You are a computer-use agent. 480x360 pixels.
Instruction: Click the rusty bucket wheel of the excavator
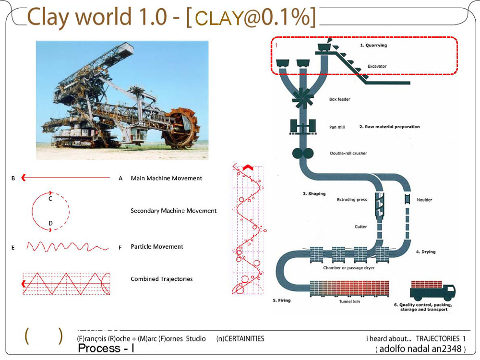coord(181,128)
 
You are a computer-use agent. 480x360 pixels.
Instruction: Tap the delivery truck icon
coord(432,290)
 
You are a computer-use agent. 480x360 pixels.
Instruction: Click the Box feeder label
coord(339,99)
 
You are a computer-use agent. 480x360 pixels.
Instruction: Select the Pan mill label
coord(337,127)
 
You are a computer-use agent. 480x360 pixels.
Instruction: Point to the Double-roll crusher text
coord(348,153)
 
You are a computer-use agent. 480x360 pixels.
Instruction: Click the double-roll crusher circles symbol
coord(303,153)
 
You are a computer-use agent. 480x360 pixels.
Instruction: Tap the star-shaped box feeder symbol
coord(303,98)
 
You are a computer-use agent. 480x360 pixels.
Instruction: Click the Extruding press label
coord(352,200)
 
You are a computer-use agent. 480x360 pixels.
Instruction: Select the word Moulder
coord(424,200)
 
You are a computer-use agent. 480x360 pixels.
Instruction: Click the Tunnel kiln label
coord(349,301)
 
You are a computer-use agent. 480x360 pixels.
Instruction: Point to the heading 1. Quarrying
coord(373,45)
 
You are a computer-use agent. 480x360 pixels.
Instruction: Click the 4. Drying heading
coord(425,252)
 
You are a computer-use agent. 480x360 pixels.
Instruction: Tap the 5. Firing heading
coord(282,300)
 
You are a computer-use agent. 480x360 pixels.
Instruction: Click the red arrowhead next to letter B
coord(23,178)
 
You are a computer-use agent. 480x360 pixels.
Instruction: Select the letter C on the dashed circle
coord(50,199)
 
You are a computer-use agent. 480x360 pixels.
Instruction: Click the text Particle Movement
coord(157,247)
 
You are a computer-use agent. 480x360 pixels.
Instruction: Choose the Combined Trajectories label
coord(162,279)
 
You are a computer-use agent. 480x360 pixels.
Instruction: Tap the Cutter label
coord(360,227)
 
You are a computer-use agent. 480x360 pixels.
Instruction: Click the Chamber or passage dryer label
coord(348,267)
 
